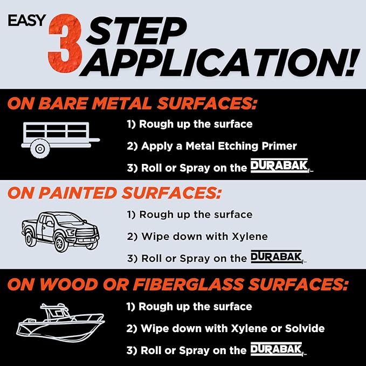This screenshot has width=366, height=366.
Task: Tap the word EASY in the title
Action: [27, 20]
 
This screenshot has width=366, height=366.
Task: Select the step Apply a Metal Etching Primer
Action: [212, 146]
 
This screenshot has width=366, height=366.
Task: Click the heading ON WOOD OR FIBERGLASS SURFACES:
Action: [178, 284]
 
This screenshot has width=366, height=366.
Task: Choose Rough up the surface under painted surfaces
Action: [189, 214]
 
